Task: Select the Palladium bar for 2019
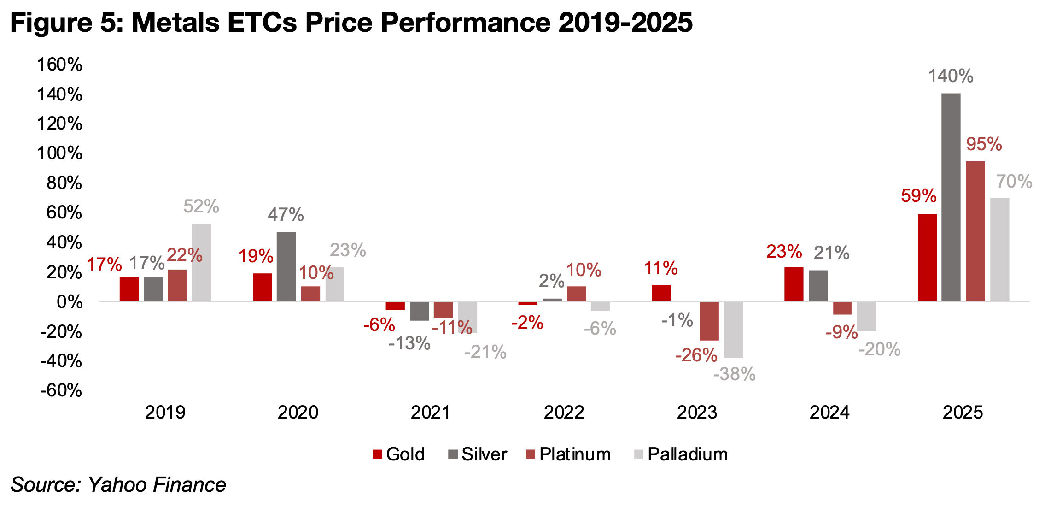click(201, 263)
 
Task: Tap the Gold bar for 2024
click(794, 284)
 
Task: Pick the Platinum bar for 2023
click(709, 321)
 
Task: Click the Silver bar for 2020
click(286, 267)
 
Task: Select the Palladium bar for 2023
click(733, 330)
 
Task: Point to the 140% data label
click(951, 76)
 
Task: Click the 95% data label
click(984, 144)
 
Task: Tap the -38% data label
click(734, 374)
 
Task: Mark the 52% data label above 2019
click(201, 206)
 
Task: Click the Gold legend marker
click(377, 454)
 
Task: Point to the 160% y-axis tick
click(60, 65)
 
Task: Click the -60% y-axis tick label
click(61, 390)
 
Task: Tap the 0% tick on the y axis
click(69, 302)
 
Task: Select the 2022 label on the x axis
click(564, 412)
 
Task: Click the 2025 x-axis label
click(963, 412)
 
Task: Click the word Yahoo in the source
click(118, 485)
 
